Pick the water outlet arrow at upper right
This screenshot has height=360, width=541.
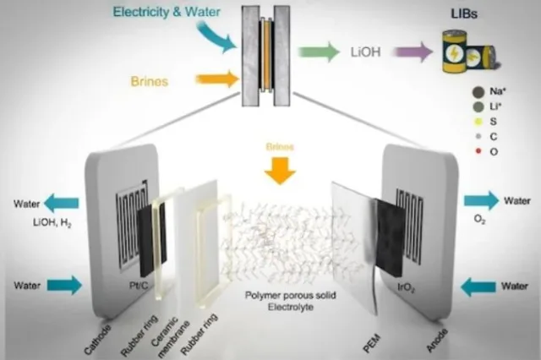[482, 201]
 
